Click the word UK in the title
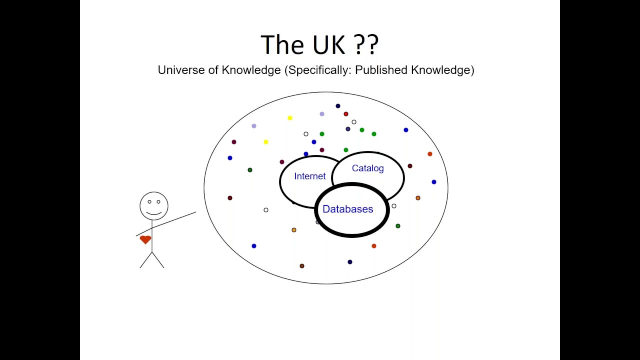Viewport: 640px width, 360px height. (328, 45)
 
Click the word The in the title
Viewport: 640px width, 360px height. (282, 45)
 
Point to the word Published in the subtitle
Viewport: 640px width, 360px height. (381, 70)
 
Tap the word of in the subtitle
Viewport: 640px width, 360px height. (213, 70)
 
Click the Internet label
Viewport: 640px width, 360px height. (309, 176)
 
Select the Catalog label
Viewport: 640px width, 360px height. (367, 168)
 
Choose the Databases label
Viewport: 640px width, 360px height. (347, 209)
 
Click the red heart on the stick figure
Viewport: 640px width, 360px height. (145, 239)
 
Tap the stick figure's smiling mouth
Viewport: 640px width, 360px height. (154, 213)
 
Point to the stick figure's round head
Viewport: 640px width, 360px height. (154, 205)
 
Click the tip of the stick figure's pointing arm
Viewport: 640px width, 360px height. (195, 212)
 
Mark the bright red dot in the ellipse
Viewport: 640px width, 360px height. (345, 114)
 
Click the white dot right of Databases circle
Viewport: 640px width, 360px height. (394, 206)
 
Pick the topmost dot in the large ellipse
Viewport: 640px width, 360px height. (337, 106)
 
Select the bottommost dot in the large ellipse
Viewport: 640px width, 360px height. (301, 266)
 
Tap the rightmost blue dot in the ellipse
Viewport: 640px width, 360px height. (433, 182)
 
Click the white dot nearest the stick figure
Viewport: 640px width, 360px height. (265, 210)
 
